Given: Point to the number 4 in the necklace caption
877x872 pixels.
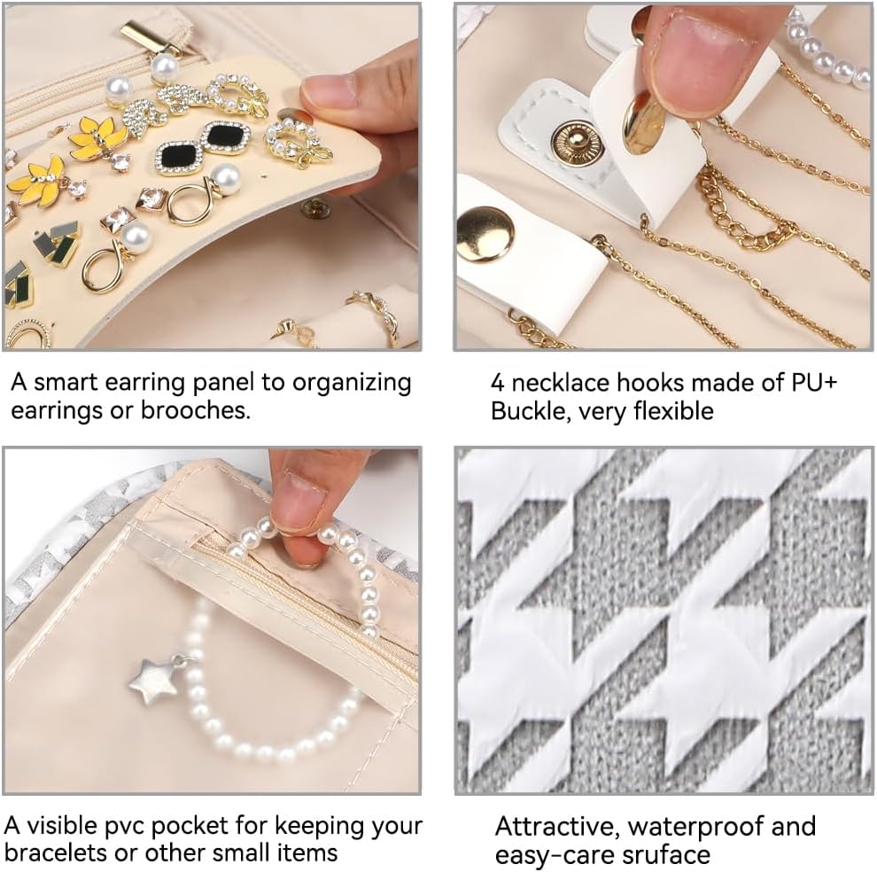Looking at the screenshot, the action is pos(498,383).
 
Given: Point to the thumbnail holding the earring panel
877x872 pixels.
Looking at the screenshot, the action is pos(327,92).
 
